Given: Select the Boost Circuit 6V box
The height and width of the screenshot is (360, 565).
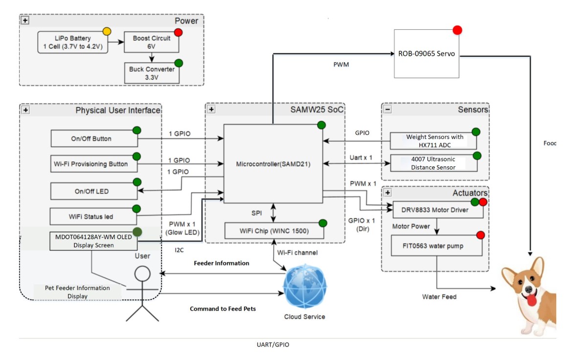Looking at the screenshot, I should [152, 43].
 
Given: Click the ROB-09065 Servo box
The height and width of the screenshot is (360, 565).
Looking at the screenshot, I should [427, 54].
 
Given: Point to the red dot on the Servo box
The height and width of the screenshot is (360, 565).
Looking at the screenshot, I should [457, 30].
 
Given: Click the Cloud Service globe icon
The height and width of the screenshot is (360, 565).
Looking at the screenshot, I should [305, 286].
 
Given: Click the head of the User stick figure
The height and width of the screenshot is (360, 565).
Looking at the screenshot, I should [142, 272].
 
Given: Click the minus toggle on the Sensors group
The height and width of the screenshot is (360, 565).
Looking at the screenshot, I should [388, 110].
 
